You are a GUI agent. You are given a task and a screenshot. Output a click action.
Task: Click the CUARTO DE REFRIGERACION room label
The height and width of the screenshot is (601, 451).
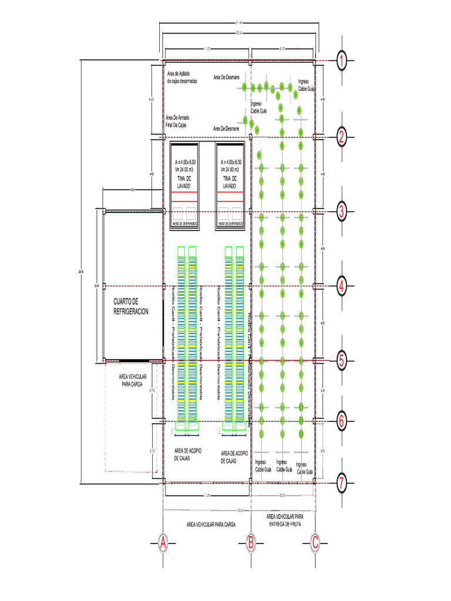click(130, 306)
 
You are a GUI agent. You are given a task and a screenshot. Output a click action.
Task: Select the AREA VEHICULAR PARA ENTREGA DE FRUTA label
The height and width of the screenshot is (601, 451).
click(284, 519)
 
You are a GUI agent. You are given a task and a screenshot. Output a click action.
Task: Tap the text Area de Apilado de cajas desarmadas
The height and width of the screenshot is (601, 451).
click(182, 77)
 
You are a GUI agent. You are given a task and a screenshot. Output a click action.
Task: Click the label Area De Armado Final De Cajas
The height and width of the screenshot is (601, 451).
click(177, 121)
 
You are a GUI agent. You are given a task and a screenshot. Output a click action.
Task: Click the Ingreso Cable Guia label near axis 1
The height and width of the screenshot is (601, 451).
click(306, 85)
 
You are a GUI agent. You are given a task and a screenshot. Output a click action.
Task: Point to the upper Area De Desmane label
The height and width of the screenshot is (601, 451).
click(226, 77)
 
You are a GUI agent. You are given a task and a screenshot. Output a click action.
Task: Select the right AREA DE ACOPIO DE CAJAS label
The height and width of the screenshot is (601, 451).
click(234, 457)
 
